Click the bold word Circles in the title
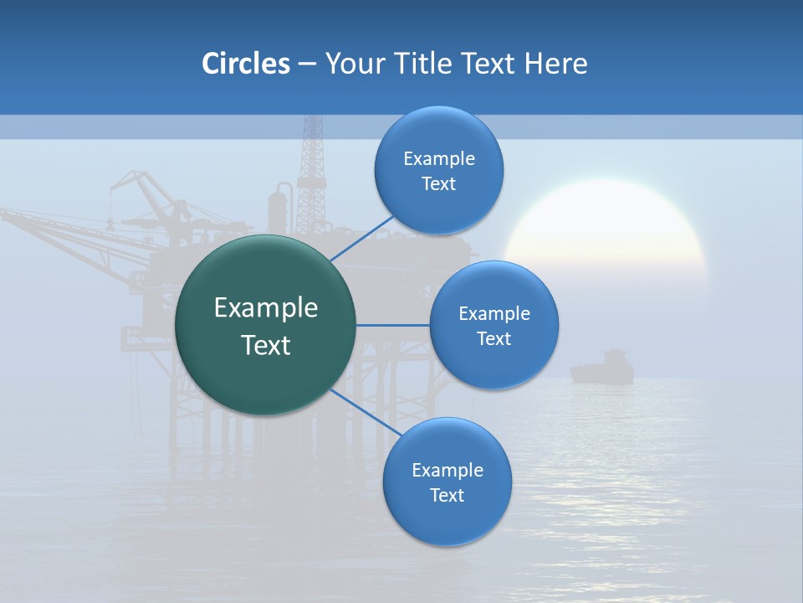[x=245, y=64]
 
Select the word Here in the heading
[x=555, y=64]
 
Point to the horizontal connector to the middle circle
[x=393, y=325]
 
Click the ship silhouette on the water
[x=601, y=368]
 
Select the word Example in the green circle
[x=266, y=308]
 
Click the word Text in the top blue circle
[x=439, y=184]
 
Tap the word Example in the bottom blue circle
[x=448, y=470]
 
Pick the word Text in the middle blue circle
[x=494, y=338]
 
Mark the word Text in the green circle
[x=266, y=345]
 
